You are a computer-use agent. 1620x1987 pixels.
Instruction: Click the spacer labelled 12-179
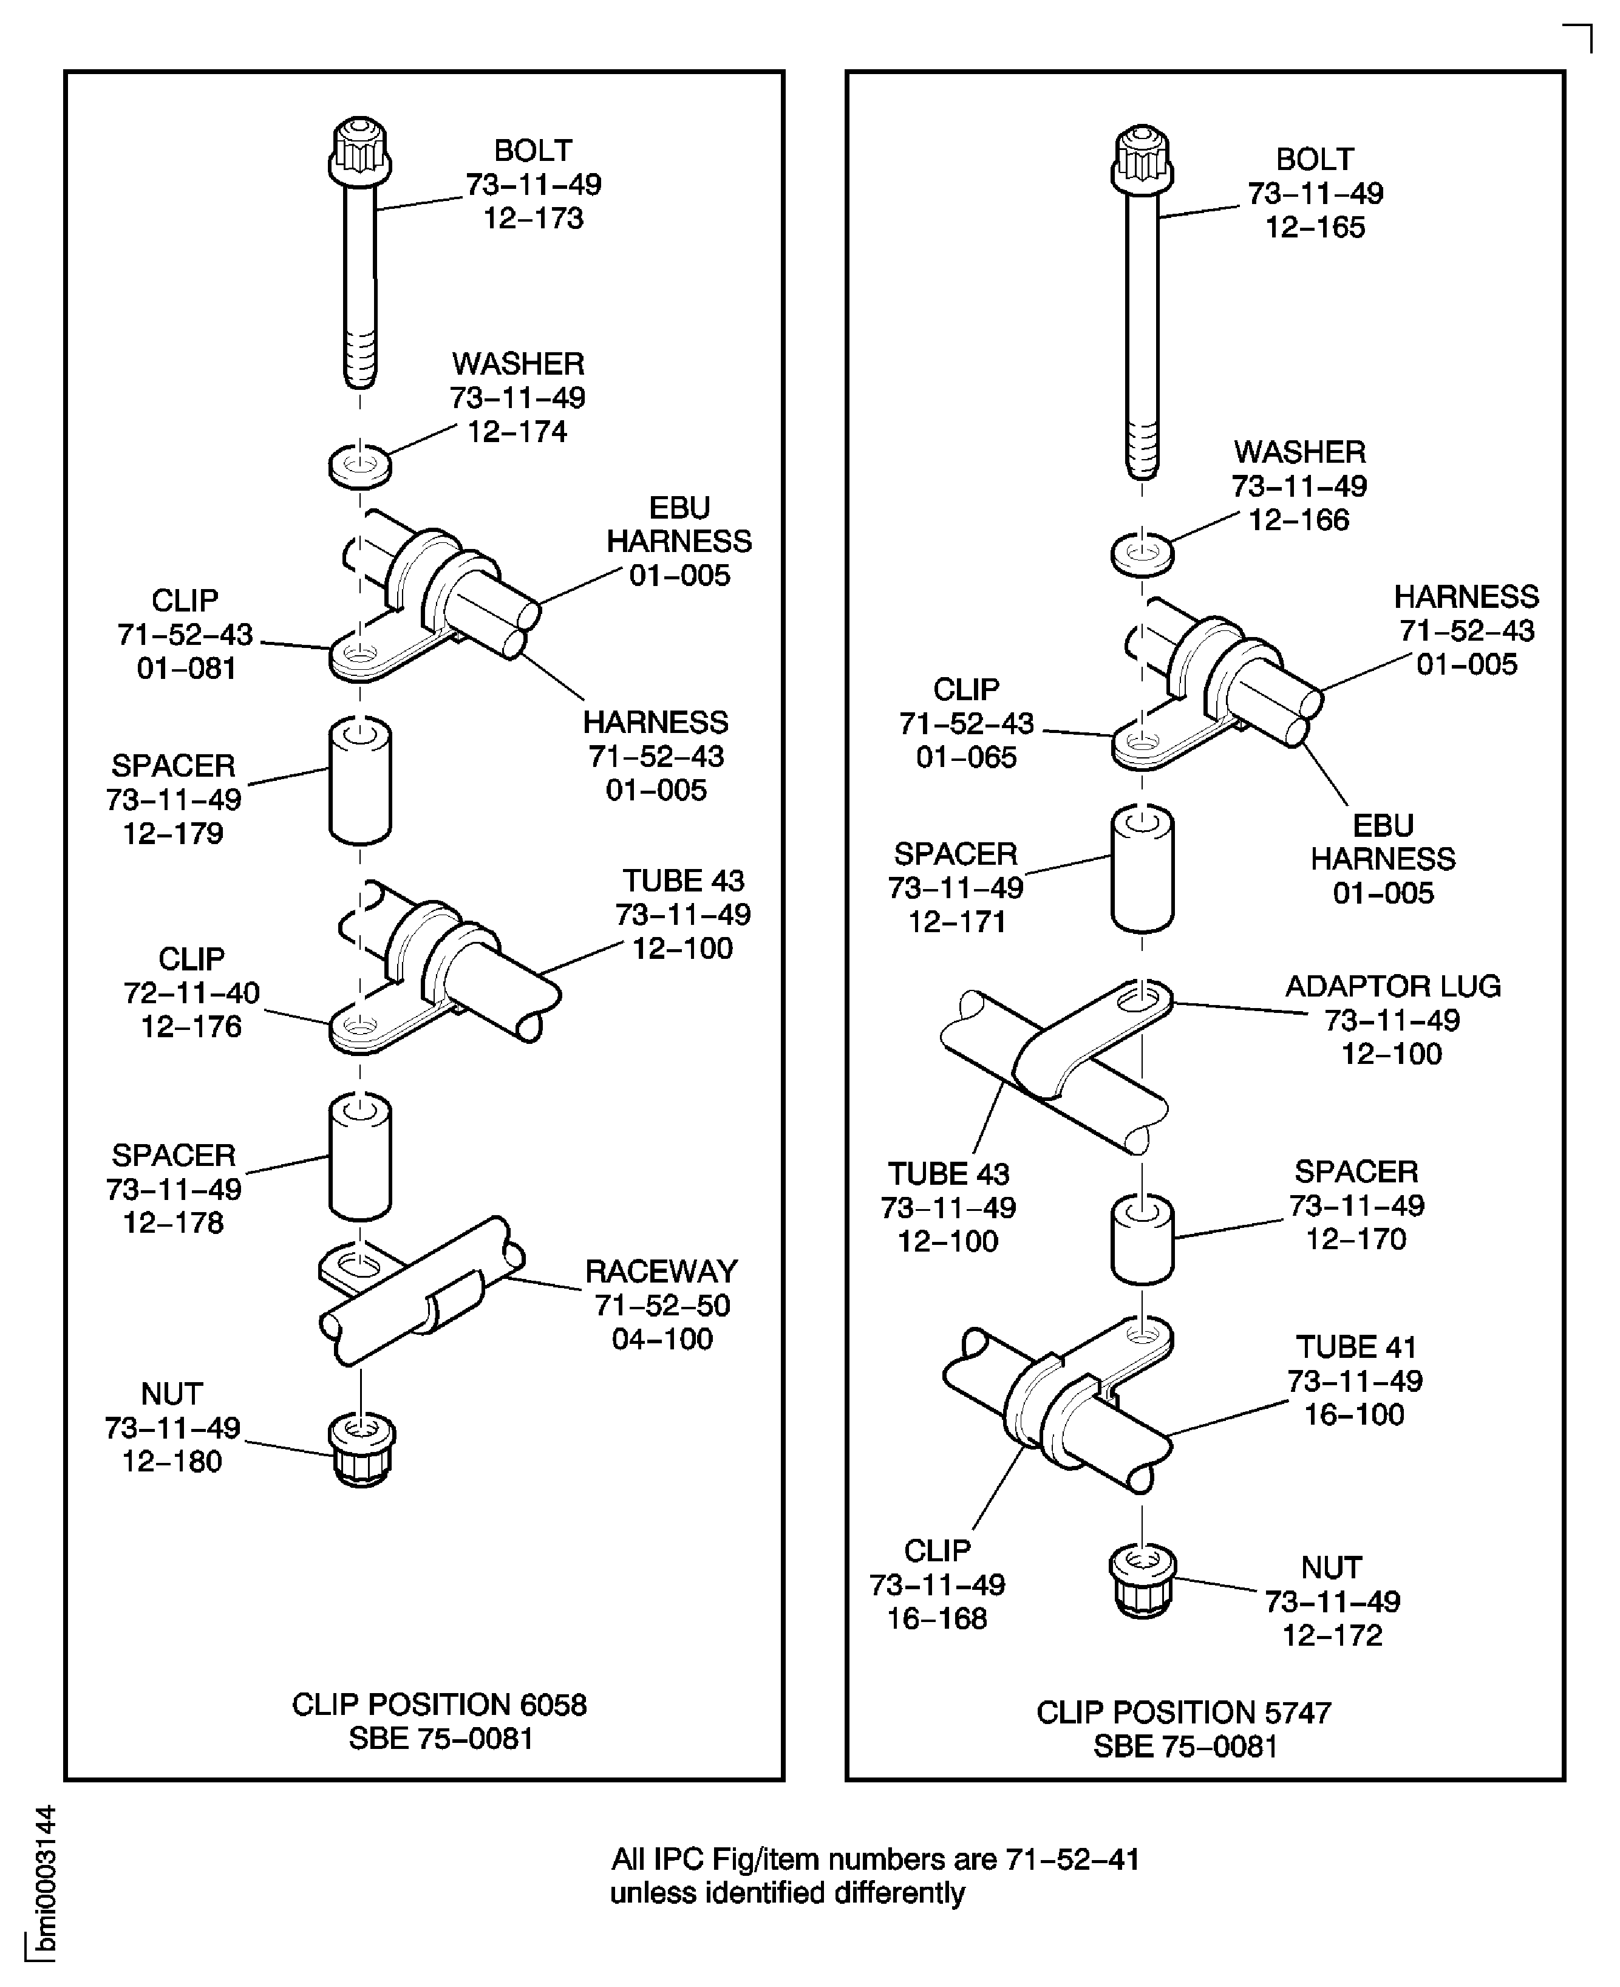(x=360, y=781)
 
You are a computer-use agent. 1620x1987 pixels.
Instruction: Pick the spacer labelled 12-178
(x=360, y=1157)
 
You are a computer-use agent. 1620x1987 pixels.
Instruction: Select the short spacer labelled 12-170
(x=1142, y=1238)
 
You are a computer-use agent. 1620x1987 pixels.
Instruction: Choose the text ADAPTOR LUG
(x=1392, y=986)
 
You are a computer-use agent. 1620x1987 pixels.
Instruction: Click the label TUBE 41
(x=1355, y=1347)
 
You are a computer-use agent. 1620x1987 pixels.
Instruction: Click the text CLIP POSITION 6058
(x=440, y=1704)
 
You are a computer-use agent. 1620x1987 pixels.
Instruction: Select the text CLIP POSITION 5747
(x=1183, y=1712)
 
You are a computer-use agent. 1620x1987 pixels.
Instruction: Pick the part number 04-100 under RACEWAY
(x=662, y=1338)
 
